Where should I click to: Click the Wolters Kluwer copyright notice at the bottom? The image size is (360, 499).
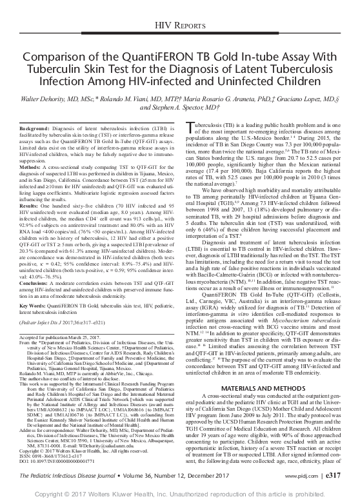179,492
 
